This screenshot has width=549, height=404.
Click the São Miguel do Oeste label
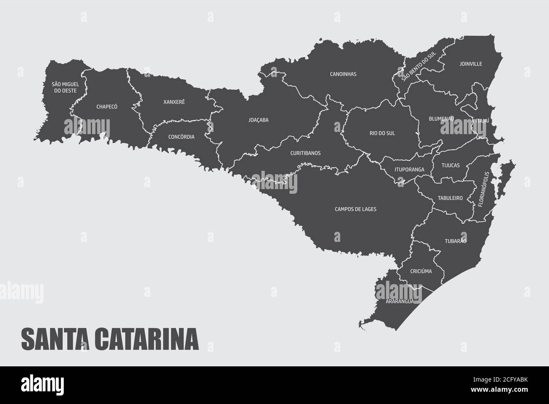coord(65,88)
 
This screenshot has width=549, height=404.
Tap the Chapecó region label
coord(107,107)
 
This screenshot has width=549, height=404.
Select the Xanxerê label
coord(174,102)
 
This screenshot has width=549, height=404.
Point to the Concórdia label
coord(181,137)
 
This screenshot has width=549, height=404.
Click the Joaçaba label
coord(258,120)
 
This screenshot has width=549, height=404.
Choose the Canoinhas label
coord(343,74)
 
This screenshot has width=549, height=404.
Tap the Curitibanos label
coord(305,153)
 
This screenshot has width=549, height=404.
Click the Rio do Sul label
coord(382,133)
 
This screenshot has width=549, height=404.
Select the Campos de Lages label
coord(355,209)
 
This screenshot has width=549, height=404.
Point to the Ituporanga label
coord(409,170)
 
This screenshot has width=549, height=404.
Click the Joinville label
coord(470,64)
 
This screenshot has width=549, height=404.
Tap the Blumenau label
coord(441,119)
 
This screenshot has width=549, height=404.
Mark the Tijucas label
coord(451,165)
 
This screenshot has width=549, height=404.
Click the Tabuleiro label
coord(450,198)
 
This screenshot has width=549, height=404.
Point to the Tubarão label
coord(455,241)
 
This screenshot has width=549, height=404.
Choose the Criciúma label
coord(421,271)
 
